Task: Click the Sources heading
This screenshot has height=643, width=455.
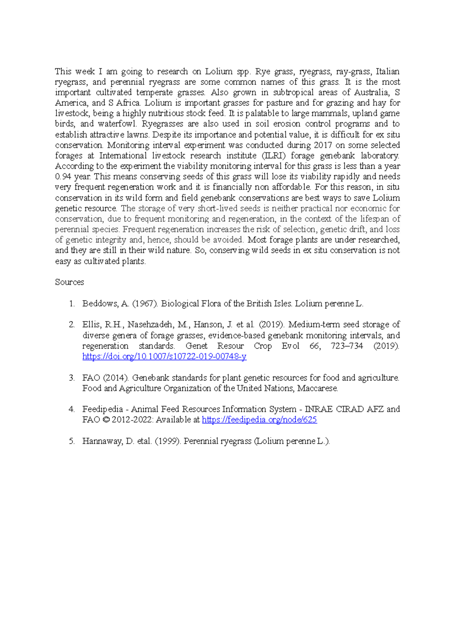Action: (69, 282)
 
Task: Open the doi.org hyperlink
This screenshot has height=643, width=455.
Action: (164, 356)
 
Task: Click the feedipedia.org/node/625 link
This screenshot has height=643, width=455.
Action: (259, 420)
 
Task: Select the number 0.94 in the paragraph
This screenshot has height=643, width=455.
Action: (63, 176)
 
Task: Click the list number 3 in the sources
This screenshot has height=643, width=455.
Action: (71, 378)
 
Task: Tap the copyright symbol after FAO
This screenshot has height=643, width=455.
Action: (106, 420)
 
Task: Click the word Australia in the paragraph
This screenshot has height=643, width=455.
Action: (371, 92)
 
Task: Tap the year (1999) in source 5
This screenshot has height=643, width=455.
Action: (167, 441)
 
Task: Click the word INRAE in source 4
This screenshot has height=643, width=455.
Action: (318, 409)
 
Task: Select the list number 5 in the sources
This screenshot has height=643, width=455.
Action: (71, 441)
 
